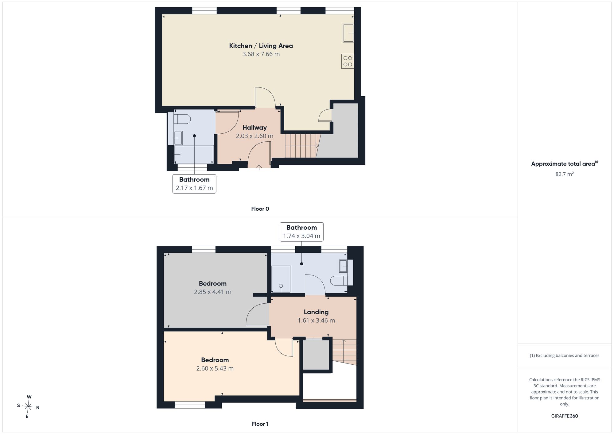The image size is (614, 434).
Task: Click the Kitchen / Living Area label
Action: pos(261,46)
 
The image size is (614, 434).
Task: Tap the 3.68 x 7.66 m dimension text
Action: pos(261,54)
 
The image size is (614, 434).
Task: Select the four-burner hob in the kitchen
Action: pos(348,61)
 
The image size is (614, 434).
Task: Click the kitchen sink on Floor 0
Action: pos(348,33)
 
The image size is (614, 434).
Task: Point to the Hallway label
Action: pos(255,128)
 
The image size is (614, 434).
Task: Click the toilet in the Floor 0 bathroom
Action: pos(182,119)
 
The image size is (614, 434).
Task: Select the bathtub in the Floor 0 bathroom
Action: pos(194,154)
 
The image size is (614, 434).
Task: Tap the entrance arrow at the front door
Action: pos(259,167)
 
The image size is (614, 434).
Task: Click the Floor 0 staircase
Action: pos(302,146)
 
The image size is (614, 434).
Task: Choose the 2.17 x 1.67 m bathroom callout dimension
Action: pos(194,188)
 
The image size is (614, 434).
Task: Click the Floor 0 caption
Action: pos(260,209)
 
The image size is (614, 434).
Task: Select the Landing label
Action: pos(316,312)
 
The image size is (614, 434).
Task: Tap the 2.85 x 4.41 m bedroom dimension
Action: pos(213,292)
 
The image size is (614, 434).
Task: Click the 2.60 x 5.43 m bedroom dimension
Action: pos(215,368)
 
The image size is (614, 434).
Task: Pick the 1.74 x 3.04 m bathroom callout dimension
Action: pos(301,236)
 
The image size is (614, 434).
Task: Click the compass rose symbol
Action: pos(28,407)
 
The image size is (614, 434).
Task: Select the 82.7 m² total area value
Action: pos(565,174)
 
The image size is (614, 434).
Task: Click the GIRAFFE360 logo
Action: pos(565,416)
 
